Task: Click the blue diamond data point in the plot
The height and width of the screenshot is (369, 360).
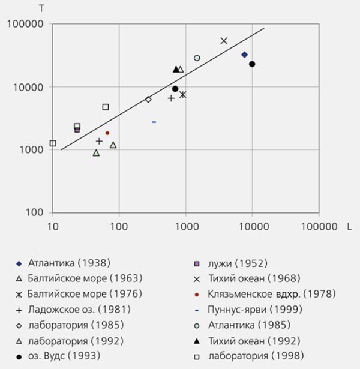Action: pos(244,55)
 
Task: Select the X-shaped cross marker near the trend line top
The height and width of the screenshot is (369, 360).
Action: pos(224,41)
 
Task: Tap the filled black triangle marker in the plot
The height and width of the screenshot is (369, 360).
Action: pos(176,70)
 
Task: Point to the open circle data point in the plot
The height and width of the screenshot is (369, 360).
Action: pos(197,58)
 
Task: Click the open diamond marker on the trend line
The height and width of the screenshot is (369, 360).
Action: pos(148,100)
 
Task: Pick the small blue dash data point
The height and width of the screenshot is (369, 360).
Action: pos(154,122)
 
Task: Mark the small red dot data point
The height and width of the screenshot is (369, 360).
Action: pos(107,133)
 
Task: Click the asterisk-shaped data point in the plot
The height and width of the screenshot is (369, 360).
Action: pos(182,94)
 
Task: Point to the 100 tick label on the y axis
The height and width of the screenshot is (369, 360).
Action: pos(37,212)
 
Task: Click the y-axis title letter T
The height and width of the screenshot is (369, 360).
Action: pos(41,8)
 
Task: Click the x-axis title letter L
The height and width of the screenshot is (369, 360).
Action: pos(349,227)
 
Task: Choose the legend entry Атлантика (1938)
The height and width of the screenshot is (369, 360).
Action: pos(69,263)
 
